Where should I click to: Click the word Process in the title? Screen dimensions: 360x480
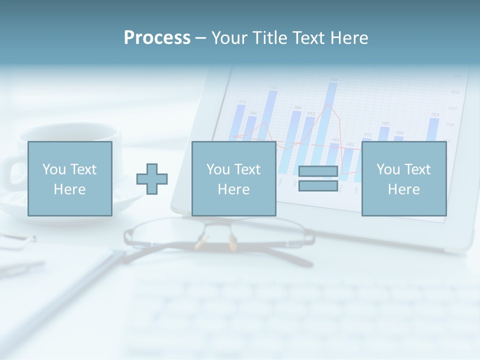[157, 37]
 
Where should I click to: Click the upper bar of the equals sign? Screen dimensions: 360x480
[318, 171]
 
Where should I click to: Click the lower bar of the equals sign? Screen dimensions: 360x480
[318, 185]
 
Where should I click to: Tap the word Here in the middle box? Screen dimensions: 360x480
[233, 189]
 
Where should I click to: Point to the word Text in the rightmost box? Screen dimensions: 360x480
[418, 169]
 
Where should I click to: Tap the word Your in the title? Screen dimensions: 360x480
[229, 37]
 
